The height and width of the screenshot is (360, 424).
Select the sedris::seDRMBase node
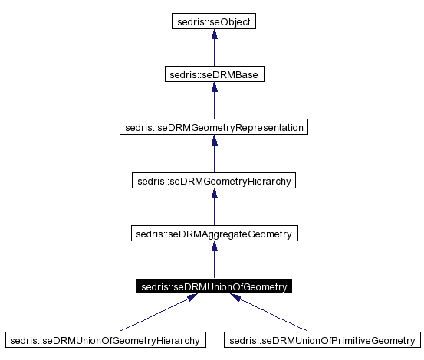(213, 74)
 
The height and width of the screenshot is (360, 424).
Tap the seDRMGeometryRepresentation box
(213, 127)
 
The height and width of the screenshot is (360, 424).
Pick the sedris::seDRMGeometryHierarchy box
(213, 181)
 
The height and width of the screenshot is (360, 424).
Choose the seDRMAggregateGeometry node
(213, 234)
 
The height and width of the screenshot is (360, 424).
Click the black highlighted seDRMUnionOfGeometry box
(213, 287)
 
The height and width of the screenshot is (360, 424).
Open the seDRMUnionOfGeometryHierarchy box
(106, 339)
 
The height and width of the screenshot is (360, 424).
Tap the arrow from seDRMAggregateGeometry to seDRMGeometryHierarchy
(213, 211)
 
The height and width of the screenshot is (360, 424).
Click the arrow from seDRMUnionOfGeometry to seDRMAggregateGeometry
(213, 263)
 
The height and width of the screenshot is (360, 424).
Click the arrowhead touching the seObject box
(213, 35)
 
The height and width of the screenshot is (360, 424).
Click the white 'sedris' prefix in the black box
(154, 287)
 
